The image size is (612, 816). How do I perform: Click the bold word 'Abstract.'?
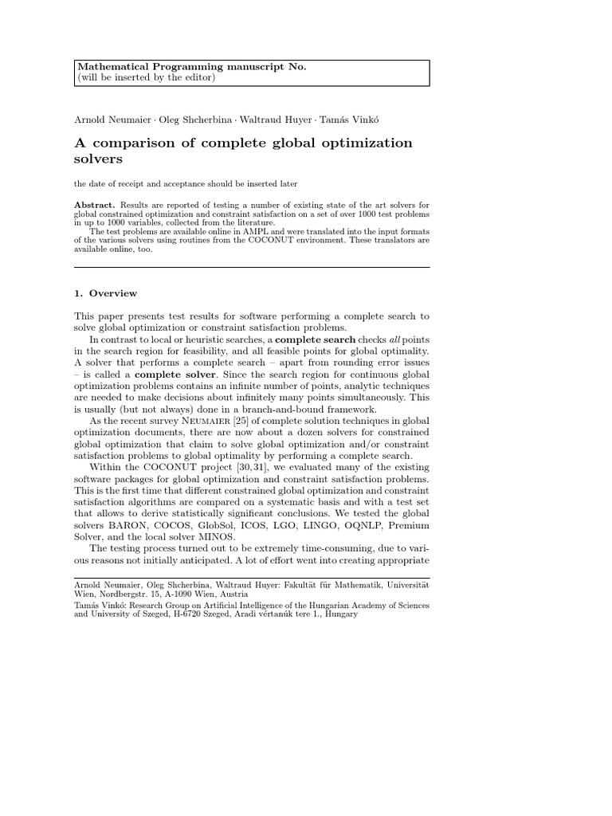(x=94, y=205)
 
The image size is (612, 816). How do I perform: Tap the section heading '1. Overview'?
(x=105, y=293)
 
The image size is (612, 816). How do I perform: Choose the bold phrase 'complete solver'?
(x=175, y=375)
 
